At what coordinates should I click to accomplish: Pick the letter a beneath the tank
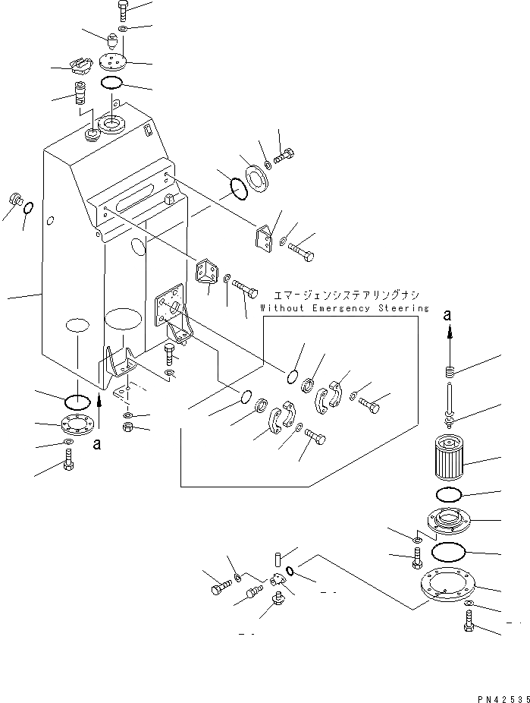(x=96, y=444)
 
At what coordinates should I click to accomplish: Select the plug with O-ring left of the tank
(x=15, y=201)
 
